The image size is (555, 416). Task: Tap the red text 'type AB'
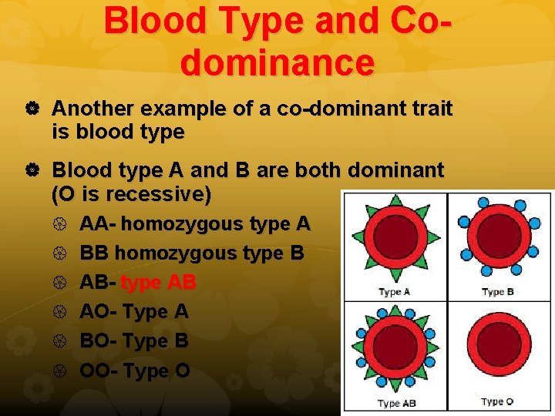pos(159,282)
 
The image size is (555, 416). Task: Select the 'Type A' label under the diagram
pos(395,293)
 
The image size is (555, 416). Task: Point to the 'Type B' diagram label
pos(498,292)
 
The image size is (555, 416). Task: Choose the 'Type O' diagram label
pos(498,402)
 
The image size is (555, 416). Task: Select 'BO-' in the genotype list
pos(99,341)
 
